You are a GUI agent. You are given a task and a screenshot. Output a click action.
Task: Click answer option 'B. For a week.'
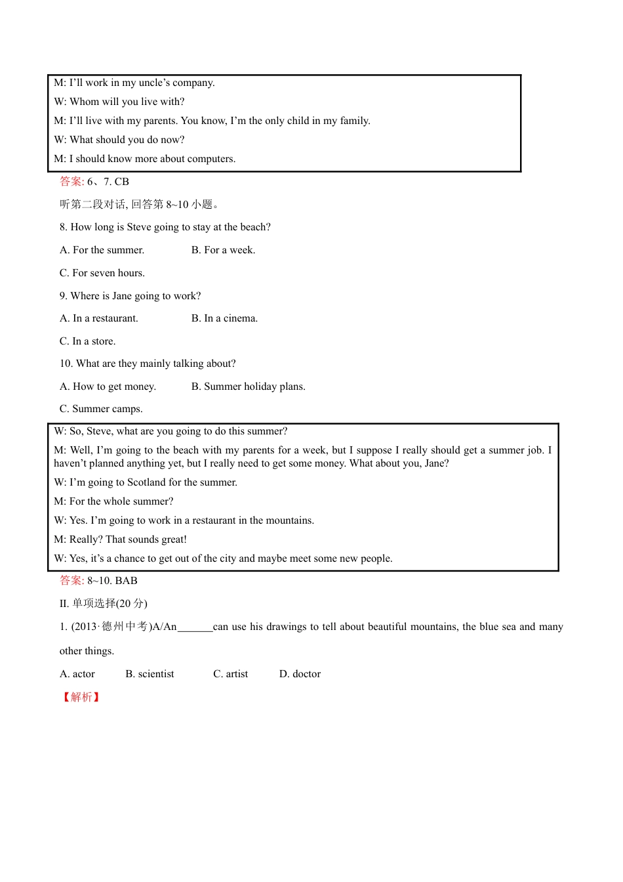point(223,250)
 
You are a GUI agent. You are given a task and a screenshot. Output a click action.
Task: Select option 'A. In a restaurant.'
point(98,318)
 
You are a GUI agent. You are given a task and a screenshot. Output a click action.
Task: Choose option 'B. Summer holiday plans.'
point(248,387)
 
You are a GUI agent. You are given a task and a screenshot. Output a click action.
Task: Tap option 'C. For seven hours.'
point(102,273)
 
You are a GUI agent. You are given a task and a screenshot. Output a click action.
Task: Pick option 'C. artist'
point(230,674)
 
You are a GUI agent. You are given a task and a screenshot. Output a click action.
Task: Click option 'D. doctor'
point(300,674)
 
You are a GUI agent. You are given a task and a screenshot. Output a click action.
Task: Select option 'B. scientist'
point(150,674)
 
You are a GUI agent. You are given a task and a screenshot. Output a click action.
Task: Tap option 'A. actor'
point(77,674)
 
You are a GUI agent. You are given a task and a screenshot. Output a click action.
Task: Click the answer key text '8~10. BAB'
point(112,581)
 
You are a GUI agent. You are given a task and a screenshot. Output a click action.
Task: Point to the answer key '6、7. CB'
point(108,182)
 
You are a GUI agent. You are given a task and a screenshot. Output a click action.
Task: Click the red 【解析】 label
point(81,697)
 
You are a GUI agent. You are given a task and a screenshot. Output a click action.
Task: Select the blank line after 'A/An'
point(195,627)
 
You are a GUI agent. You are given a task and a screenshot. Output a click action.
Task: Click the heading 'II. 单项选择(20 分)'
point(103,604)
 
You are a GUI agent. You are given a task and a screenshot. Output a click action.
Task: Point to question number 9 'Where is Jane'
point(130,296)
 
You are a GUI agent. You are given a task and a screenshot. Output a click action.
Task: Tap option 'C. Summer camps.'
point(100,409)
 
